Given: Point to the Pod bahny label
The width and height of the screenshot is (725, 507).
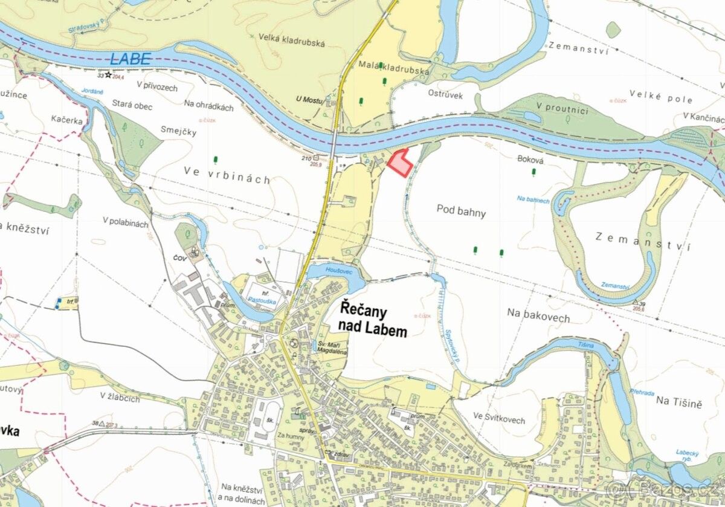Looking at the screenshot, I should coord(461,212).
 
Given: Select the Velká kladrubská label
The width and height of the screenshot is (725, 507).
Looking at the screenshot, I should coord(292,43).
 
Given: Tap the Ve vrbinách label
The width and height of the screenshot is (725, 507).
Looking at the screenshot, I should coord(227,179).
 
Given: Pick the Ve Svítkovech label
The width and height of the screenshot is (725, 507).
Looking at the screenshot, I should coord(499,420).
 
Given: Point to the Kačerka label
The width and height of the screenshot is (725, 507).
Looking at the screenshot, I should coord(66,120).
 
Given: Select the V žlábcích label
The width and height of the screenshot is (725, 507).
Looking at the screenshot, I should coord(120,398).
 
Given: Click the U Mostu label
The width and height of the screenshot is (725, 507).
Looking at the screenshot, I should coord(309,99).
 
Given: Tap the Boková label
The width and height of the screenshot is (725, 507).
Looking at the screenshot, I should coord(531,160).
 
